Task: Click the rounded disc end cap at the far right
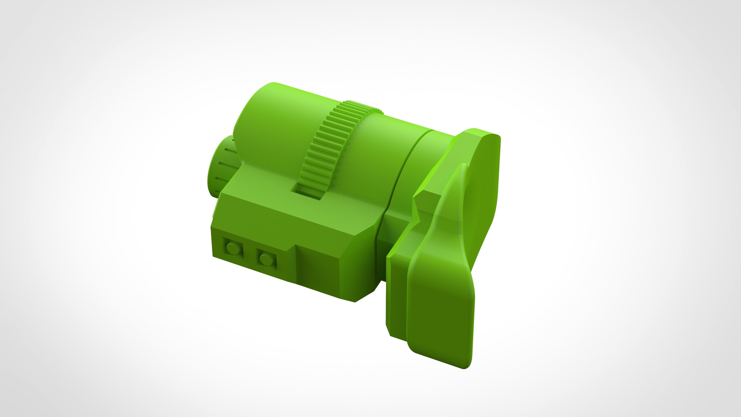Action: [486, 178]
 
